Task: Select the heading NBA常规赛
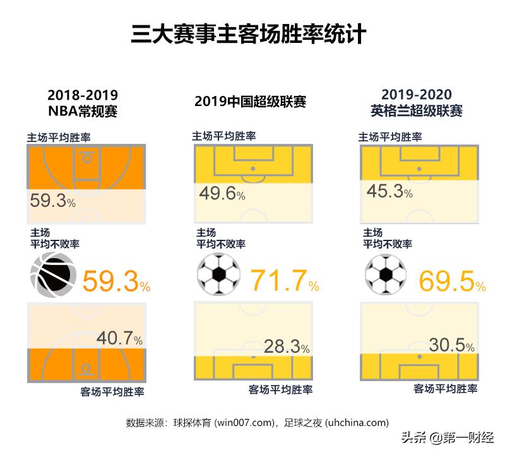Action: click(83, 111)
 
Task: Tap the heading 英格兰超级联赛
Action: click(417, 111)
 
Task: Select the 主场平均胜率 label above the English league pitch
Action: click(390, 136)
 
